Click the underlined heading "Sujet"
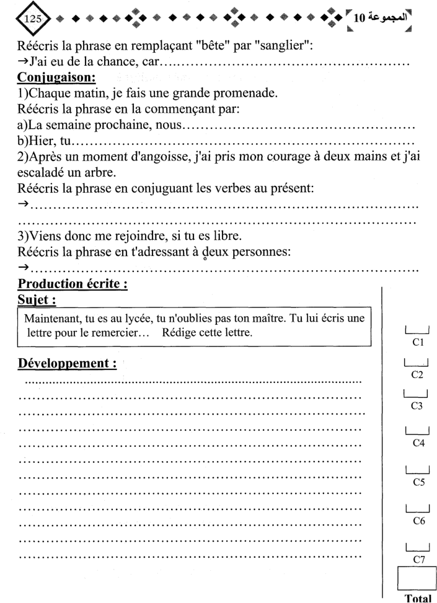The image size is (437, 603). tap(40, 301)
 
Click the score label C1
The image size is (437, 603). tap(417, 341)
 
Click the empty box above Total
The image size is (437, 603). tap(417, 580)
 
